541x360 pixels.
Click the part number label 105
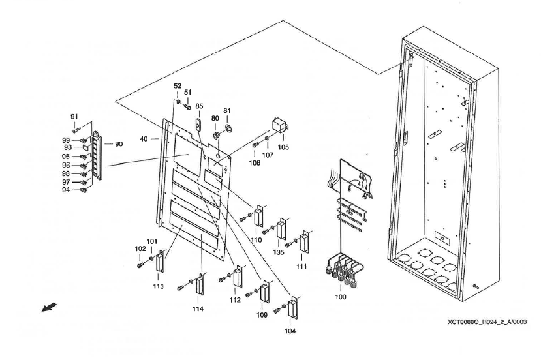point(283,147)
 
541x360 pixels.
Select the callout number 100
point(340,297)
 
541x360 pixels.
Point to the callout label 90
point(118,143)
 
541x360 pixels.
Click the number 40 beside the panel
point(145,138)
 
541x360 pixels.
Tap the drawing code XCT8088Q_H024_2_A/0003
point(486,322)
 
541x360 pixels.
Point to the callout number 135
point(279,250)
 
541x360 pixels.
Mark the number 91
point(74,117)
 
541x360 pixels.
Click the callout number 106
point(254,162)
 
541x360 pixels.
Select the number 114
point(197,308)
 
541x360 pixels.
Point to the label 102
point(140,248)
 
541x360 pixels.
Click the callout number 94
point(66,190)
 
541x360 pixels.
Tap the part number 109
point(262,315)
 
